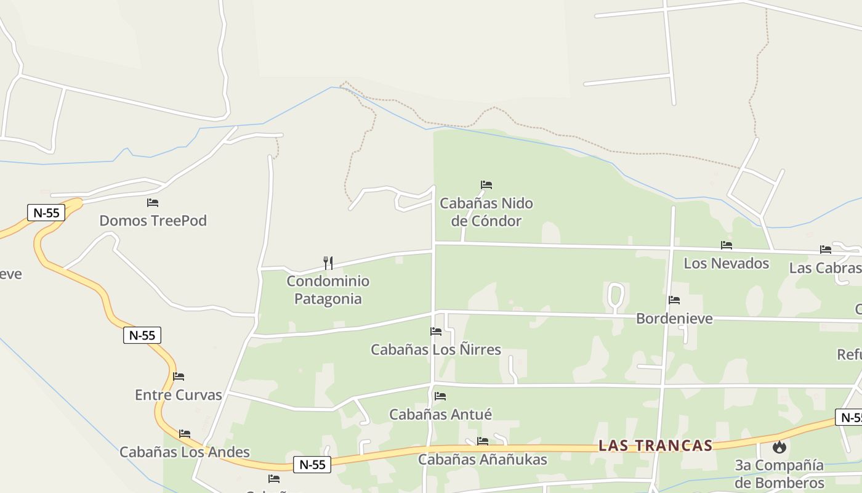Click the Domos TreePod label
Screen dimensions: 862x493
tap(153, 221)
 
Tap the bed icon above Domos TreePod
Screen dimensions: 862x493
tap(153, 202)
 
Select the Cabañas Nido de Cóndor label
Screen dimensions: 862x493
tap(486, 212)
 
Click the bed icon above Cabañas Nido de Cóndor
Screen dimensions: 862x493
tap(486, 184)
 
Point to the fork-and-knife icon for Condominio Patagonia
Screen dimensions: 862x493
tap(328, 263)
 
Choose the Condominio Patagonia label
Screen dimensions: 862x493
tap(328, 290)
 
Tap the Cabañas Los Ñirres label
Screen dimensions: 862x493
tap(436, 349)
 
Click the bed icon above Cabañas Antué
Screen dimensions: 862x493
tap(440, 396)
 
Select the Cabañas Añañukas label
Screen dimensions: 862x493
tap(483, 459)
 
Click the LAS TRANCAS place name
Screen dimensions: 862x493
tap(656, 446)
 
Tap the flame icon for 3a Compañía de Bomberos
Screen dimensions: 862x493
tap(779, 447)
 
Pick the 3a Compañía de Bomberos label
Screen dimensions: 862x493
tap(779, 473)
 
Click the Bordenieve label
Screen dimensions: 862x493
tap(674, 319)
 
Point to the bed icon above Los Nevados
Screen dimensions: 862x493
tap(727, 245)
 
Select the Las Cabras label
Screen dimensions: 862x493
tap(824, 268)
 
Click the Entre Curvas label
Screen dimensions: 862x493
tap(179, 395)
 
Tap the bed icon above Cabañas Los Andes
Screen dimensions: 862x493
tap(185, 434)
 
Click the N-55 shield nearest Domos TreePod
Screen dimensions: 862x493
tap(46, 213)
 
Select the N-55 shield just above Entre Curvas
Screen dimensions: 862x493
tap(142, 335)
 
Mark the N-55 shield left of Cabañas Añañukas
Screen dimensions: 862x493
tap(312, 465)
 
